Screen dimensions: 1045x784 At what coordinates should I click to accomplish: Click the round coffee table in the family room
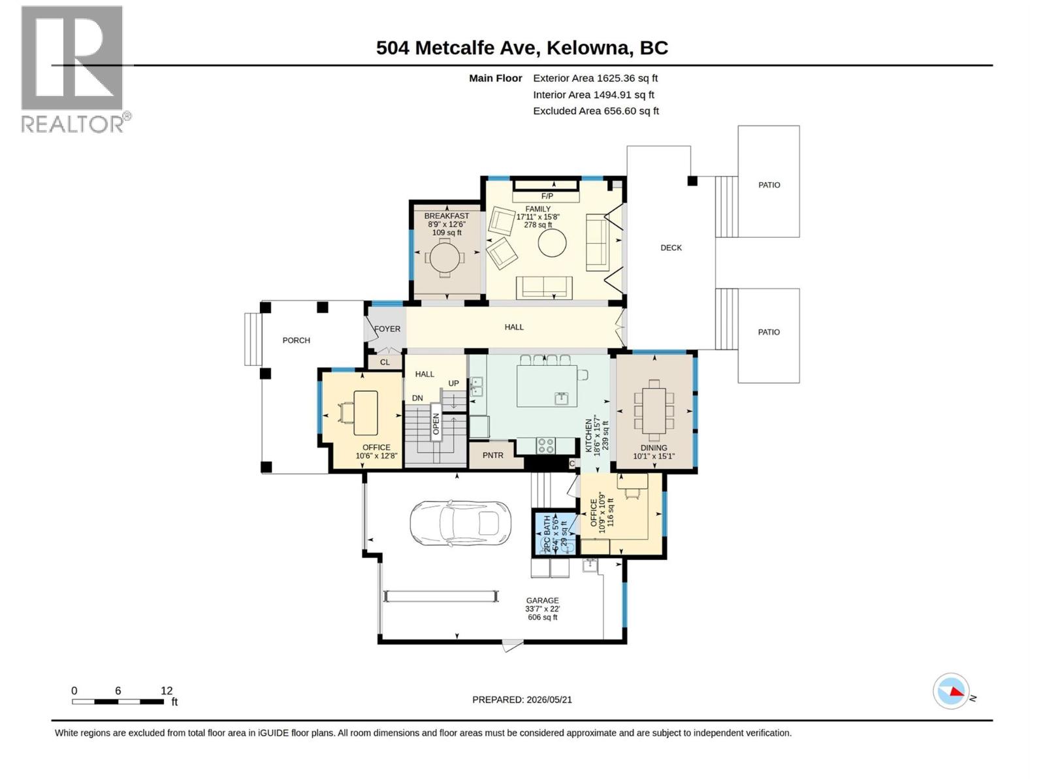(x=552, y=243)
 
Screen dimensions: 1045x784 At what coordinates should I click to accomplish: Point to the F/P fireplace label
(x=547, y=196)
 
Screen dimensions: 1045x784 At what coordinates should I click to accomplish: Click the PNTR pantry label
(x=492, y=455)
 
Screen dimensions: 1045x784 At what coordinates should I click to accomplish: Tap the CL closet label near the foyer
(x=385, y=362)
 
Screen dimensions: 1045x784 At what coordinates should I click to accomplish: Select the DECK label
(x=671, y=248)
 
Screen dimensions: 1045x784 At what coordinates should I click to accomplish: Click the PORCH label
(x=296, y=340)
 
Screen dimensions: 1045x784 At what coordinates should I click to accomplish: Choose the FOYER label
(x=387, y=329)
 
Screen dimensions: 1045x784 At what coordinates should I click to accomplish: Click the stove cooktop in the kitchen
(x=545, y=446)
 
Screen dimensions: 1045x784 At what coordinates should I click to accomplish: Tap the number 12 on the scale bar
(x=166, y=691)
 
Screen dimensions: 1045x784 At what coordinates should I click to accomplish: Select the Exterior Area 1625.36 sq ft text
(x=595, y=78)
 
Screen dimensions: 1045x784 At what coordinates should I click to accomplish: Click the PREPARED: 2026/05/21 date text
(x=522, y=700)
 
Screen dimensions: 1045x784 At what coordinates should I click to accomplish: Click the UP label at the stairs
(x=453, y=384)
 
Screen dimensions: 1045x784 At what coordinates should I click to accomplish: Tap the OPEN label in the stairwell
(x=436, y=423)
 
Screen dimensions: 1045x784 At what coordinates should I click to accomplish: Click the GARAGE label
(x=542, y=600)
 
